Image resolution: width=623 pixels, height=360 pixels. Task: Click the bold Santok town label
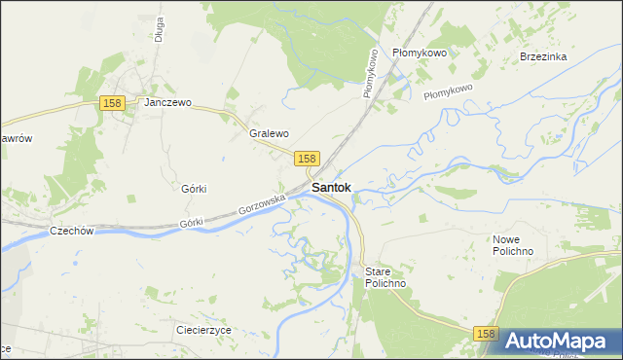[x=331, y=188]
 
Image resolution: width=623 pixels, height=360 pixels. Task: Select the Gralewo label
[x=270, y=133]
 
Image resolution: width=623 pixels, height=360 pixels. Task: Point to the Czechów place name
[x=71, y=232]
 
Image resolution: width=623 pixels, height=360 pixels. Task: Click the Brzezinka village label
[x=543, y=56]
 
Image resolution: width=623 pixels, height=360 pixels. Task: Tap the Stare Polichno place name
[x=385, y=277]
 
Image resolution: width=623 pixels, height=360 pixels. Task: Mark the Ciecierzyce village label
[x=203, y=330]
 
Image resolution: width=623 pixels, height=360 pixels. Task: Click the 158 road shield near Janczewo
[x=112, y=103]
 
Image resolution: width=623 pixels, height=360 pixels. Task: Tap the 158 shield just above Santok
[x=306, y=159]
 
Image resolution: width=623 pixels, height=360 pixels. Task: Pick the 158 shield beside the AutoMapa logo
[x=488, y=334]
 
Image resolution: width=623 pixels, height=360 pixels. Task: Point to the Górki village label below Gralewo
[x=195, y=189]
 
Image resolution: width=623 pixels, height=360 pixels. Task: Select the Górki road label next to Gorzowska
[x=193, y=223]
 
